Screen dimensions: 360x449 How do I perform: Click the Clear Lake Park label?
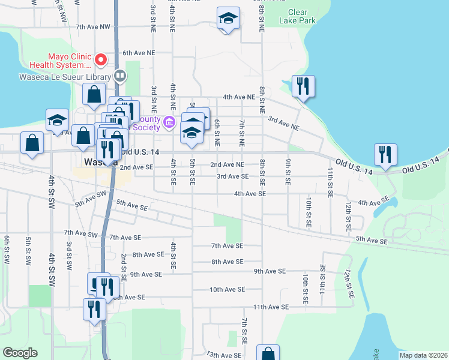(x=297, y=16)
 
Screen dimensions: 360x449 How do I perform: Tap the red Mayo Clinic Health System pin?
(x=101, y=60)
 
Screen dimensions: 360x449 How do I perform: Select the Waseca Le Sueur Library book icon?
(x=120, y=76)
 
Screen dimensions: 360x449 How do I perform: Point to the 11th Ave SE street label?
(x=271, y=307)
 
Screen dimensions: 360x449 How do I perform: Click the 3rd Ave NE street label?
(x=283, y=123)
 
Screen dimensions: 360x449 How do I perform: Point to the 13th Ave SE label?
(x=224, y=355)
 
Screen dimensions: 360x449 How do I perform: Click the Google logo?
(x=20, y=353)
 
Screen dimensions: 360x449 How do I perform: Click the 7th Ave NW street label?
(x=93, y=27)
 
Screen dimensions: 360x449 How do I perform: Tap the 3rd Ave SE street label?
(x=232, y=176)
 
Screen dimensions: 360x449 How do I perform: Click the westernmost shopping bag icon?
(x=32, y=143)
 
